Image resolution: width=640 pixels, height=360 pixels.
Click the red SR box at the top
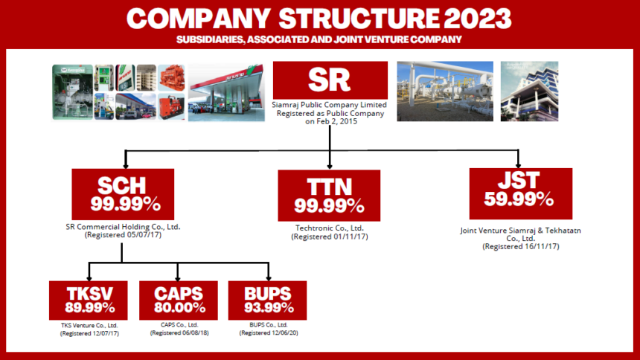(330, 80)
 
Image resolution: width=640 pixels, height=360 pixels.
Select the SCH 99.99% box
(123, 194)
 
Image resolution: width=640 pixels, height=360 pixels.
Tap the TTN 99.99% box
(329, 196)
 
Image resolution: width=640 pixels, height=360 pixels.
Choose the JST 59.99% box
(521, 193)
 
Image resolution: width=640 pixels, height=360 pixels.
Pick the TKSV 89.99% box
(88, 300)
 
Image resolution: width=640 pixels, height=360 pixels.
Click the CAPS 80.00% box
(179, 300)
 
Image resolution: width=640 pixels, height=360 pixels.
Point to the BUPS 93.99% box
(267, 300)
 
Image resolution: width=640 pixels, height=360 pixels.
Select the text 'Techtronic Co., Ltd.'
(330, 228)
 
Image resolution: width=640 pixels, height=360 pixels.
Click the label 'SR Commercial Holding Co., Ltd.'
(123, 227)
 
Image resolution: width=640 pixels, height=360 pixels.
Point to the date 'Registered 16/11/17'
(521, 246)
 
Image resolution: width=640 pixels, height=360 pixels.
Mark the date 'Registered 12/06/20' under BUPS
(269, 333)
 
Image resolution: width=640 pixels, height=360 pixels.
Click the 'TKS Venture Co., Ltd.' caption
(89, 325)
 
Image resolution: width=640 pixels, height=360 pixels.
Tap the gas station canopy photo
(226, 92)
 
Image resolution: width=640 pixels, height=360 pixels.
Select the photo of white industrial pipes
(445, 91)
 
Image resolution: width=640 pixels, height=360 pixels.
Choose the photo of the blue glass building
(529, 91)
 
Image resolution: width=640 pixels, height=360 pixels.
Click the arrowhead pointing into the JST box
(519, 166)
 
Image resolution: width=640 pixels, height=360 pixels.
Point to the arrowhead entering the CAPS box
(178, 278)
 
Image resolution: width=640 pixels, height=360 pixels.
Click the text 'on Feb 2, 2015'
(331, 121)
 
